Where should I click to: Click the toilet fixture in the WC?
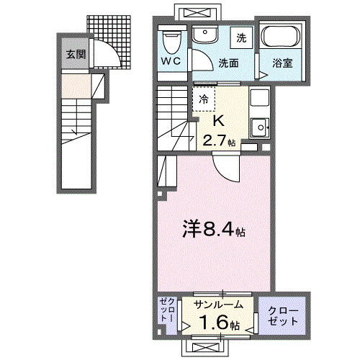171,39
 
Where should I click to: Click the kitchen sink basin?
258,127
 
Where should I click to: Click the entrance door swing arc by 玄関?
104,54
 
